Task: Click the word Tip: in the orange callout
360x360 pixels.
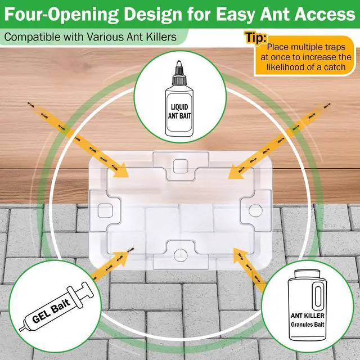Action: pyautogui.click(x=256, y=37)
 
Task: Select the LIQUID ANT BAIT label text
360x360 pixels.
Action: pyautogui.click(x=179, y=111)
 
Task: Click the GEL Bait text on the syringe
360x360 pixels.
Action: pyautogui.click(x=51, y=311)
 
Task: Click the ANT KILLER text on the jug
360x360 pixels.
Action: pyautogui.click(x=308, y=316)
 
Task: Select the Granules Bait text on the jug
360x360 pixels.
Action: pyautogui.click(x=308, y=325)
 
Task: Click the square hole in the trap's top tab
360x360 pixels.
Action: pyautogui.click(x=181, y=166)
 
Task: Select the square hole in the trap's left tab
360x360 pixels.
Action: pyautogui.click(x=105, y=210)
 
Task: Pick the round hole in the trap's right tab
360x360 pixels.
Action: pyautogui.click(x=255, y=210)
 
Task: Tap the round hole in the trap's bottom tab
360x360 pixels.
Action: pyautogui.click(x=181, y=255)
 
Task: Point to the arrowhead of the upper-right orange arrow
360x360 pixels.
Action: pyautogui.click(x=236, y=171)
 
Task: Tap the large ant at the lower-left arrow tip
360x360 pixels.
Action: pyautogui.click(x=131, y=250)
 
